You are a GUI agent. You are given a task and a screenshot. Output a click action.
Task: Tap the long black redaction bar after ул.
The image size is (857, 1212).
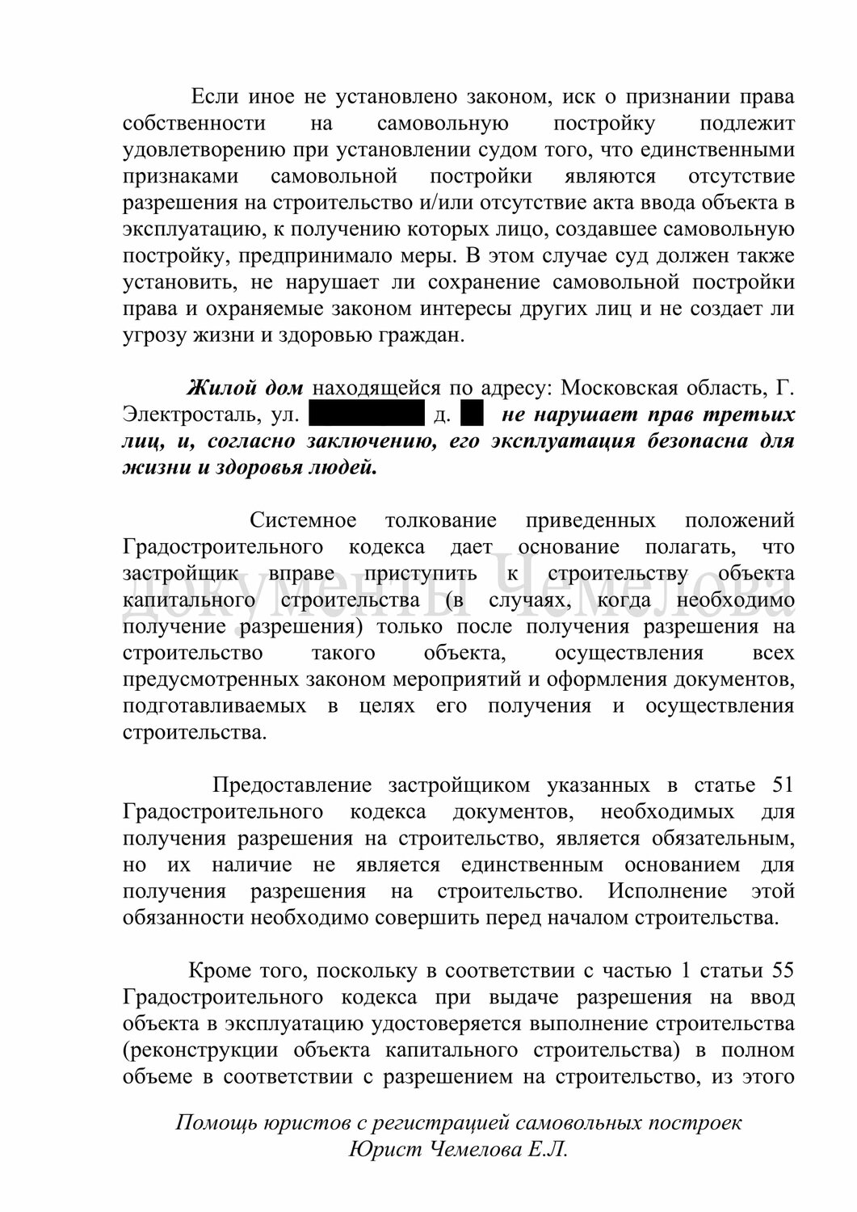point(367,415)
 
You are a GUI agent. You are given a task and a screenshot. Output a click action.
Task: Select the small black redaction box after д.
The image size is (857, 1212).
point(471,415)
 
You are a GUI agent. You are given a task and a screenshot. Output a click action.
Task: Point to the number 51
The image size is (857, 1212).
point(779,785)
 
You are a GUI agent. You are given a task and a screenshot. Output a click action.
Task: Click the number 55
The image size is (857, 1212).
point(779,970)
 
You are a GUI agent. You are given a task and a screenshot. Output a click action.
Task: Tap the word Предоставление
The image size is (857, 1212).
point(292,785)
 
